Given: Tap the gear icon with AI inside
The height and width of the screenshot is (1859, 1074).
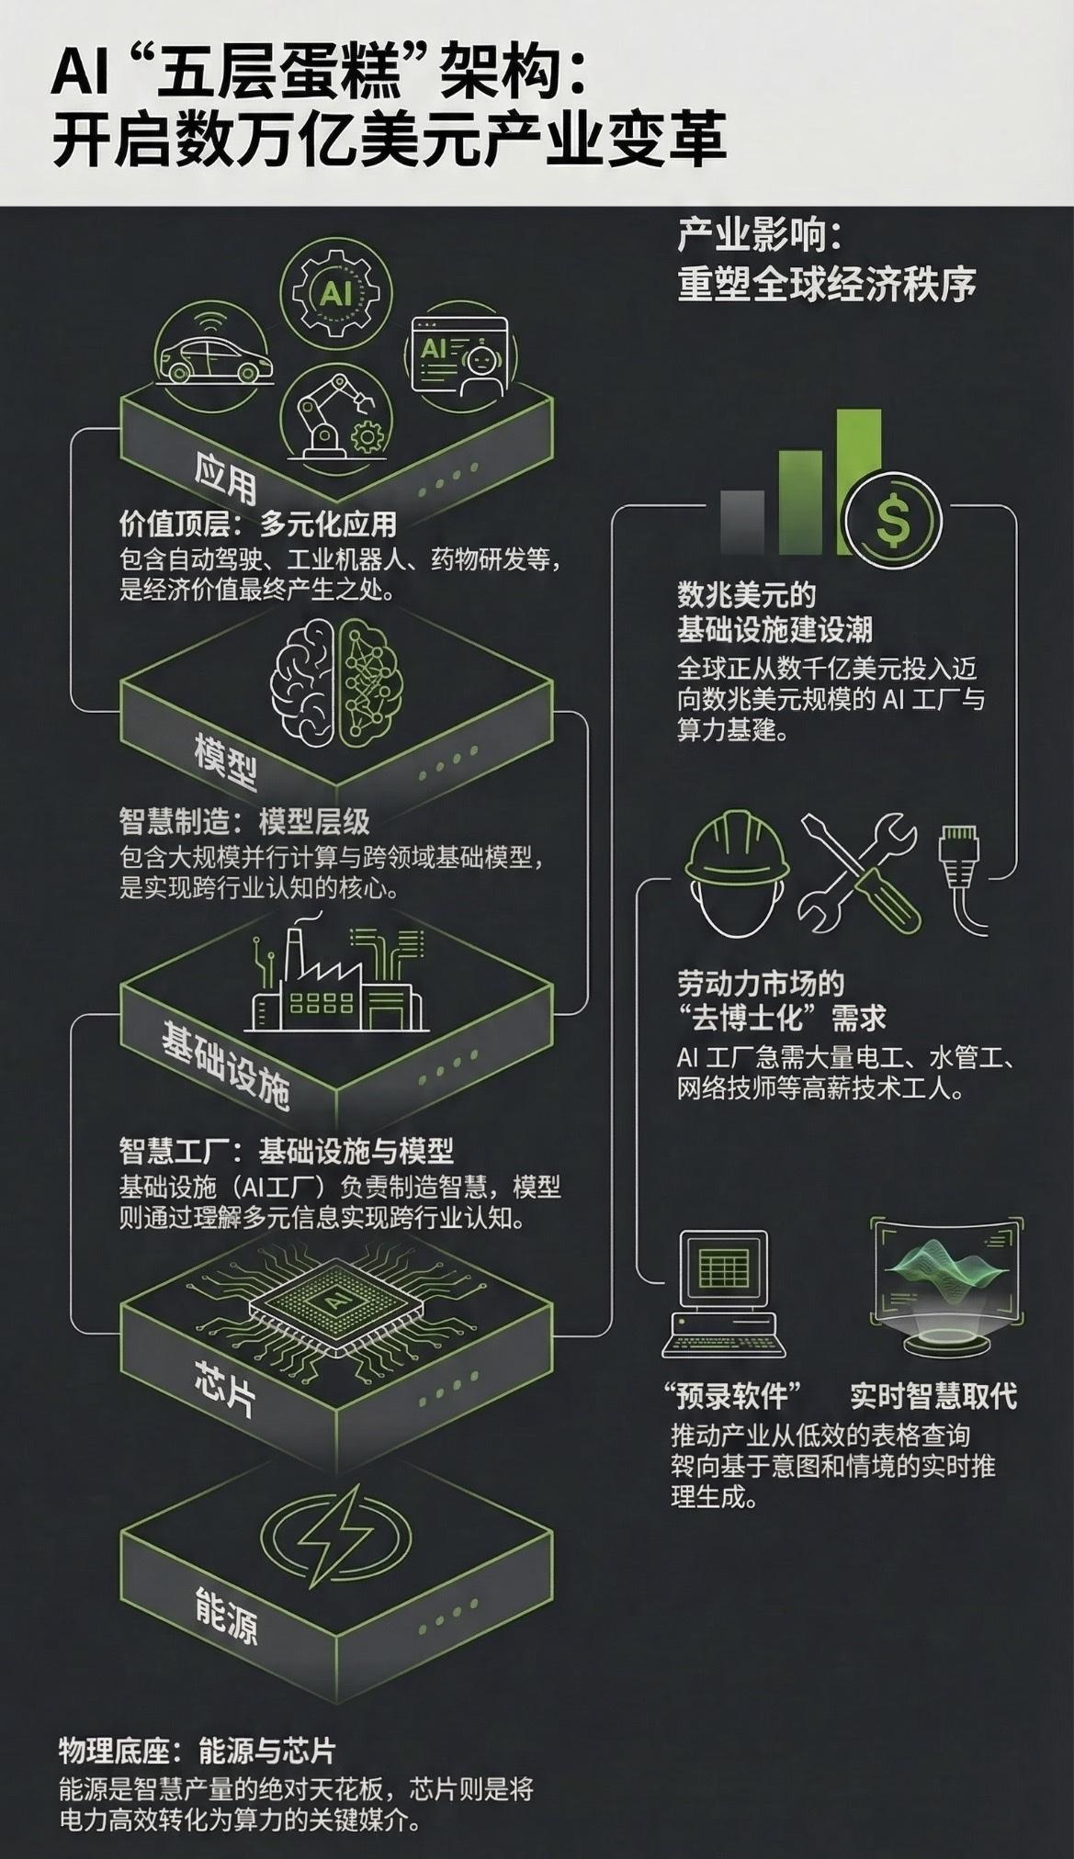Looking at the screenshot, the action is click(335, 292).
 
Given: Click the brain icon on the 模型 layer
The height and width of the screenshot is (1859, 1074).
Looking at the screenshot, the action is click(336, 681).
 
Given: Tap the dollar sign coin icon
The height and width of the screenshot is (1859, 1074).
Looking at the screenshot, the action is click(893, 521).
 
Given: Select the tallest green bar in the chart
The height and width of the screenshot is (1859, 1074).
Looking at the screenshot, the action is click(858, 482).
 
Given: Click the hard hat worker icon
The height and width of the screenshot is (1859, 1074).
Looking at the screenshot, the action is click(738, 873).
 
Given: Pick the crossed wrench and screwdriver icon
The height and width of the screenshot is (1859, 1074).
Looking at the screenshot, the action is click(860, 873).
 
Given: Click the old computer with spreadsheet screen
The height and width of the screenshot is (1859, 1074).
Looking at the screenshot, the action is click(724, 1293).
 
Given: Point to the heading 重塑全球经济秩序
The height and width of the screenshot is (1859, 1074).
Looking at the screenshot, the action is click(826, 284).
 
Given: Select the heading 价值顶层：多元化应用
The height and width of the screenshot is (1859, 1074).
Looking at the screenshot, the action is click(257, 524).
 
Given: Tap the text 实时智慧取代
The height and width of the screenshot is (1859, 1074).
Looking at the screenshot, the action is click(933, 1396).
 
